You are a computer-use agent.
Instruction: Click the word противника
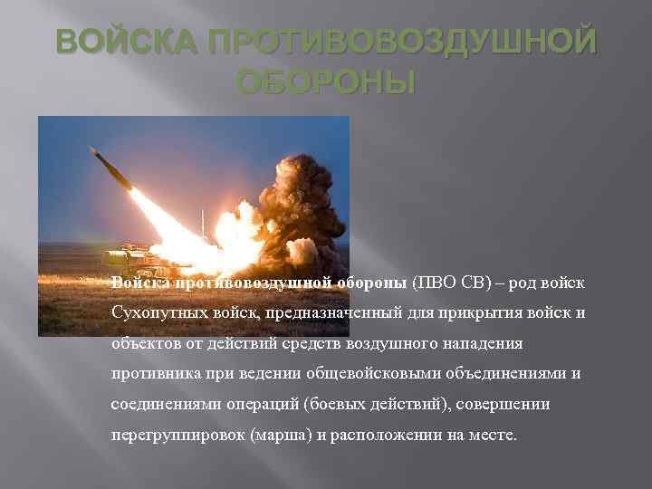click(150, 374)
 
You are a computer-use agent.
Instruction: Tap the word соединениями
click(158, 405)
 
